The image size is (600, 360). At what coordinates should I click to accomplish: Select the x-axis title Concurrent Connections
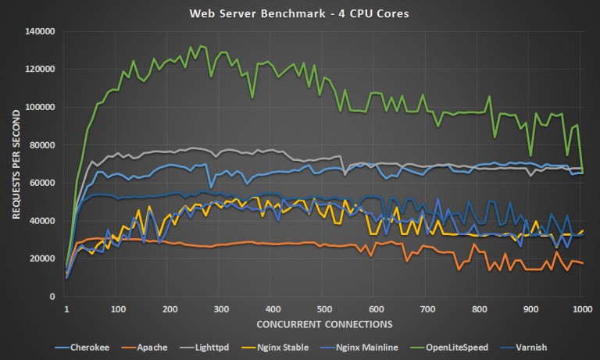pyautogui.click(x=323, y=323)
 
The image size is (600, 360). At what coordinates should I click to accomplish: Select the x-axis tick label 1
pyautogui.click(x=66, y=308)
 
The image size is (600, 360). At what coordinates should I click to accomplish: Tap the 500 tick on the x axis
pyautogui.click(x=375, y=308)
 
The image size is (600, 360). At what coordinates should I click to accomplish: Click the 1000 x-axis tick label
pyautogui.click(x=580, y=308)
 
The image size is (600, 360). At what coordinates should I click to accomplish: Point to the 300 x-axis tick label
pyautogui.click(x=221, y=308)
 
